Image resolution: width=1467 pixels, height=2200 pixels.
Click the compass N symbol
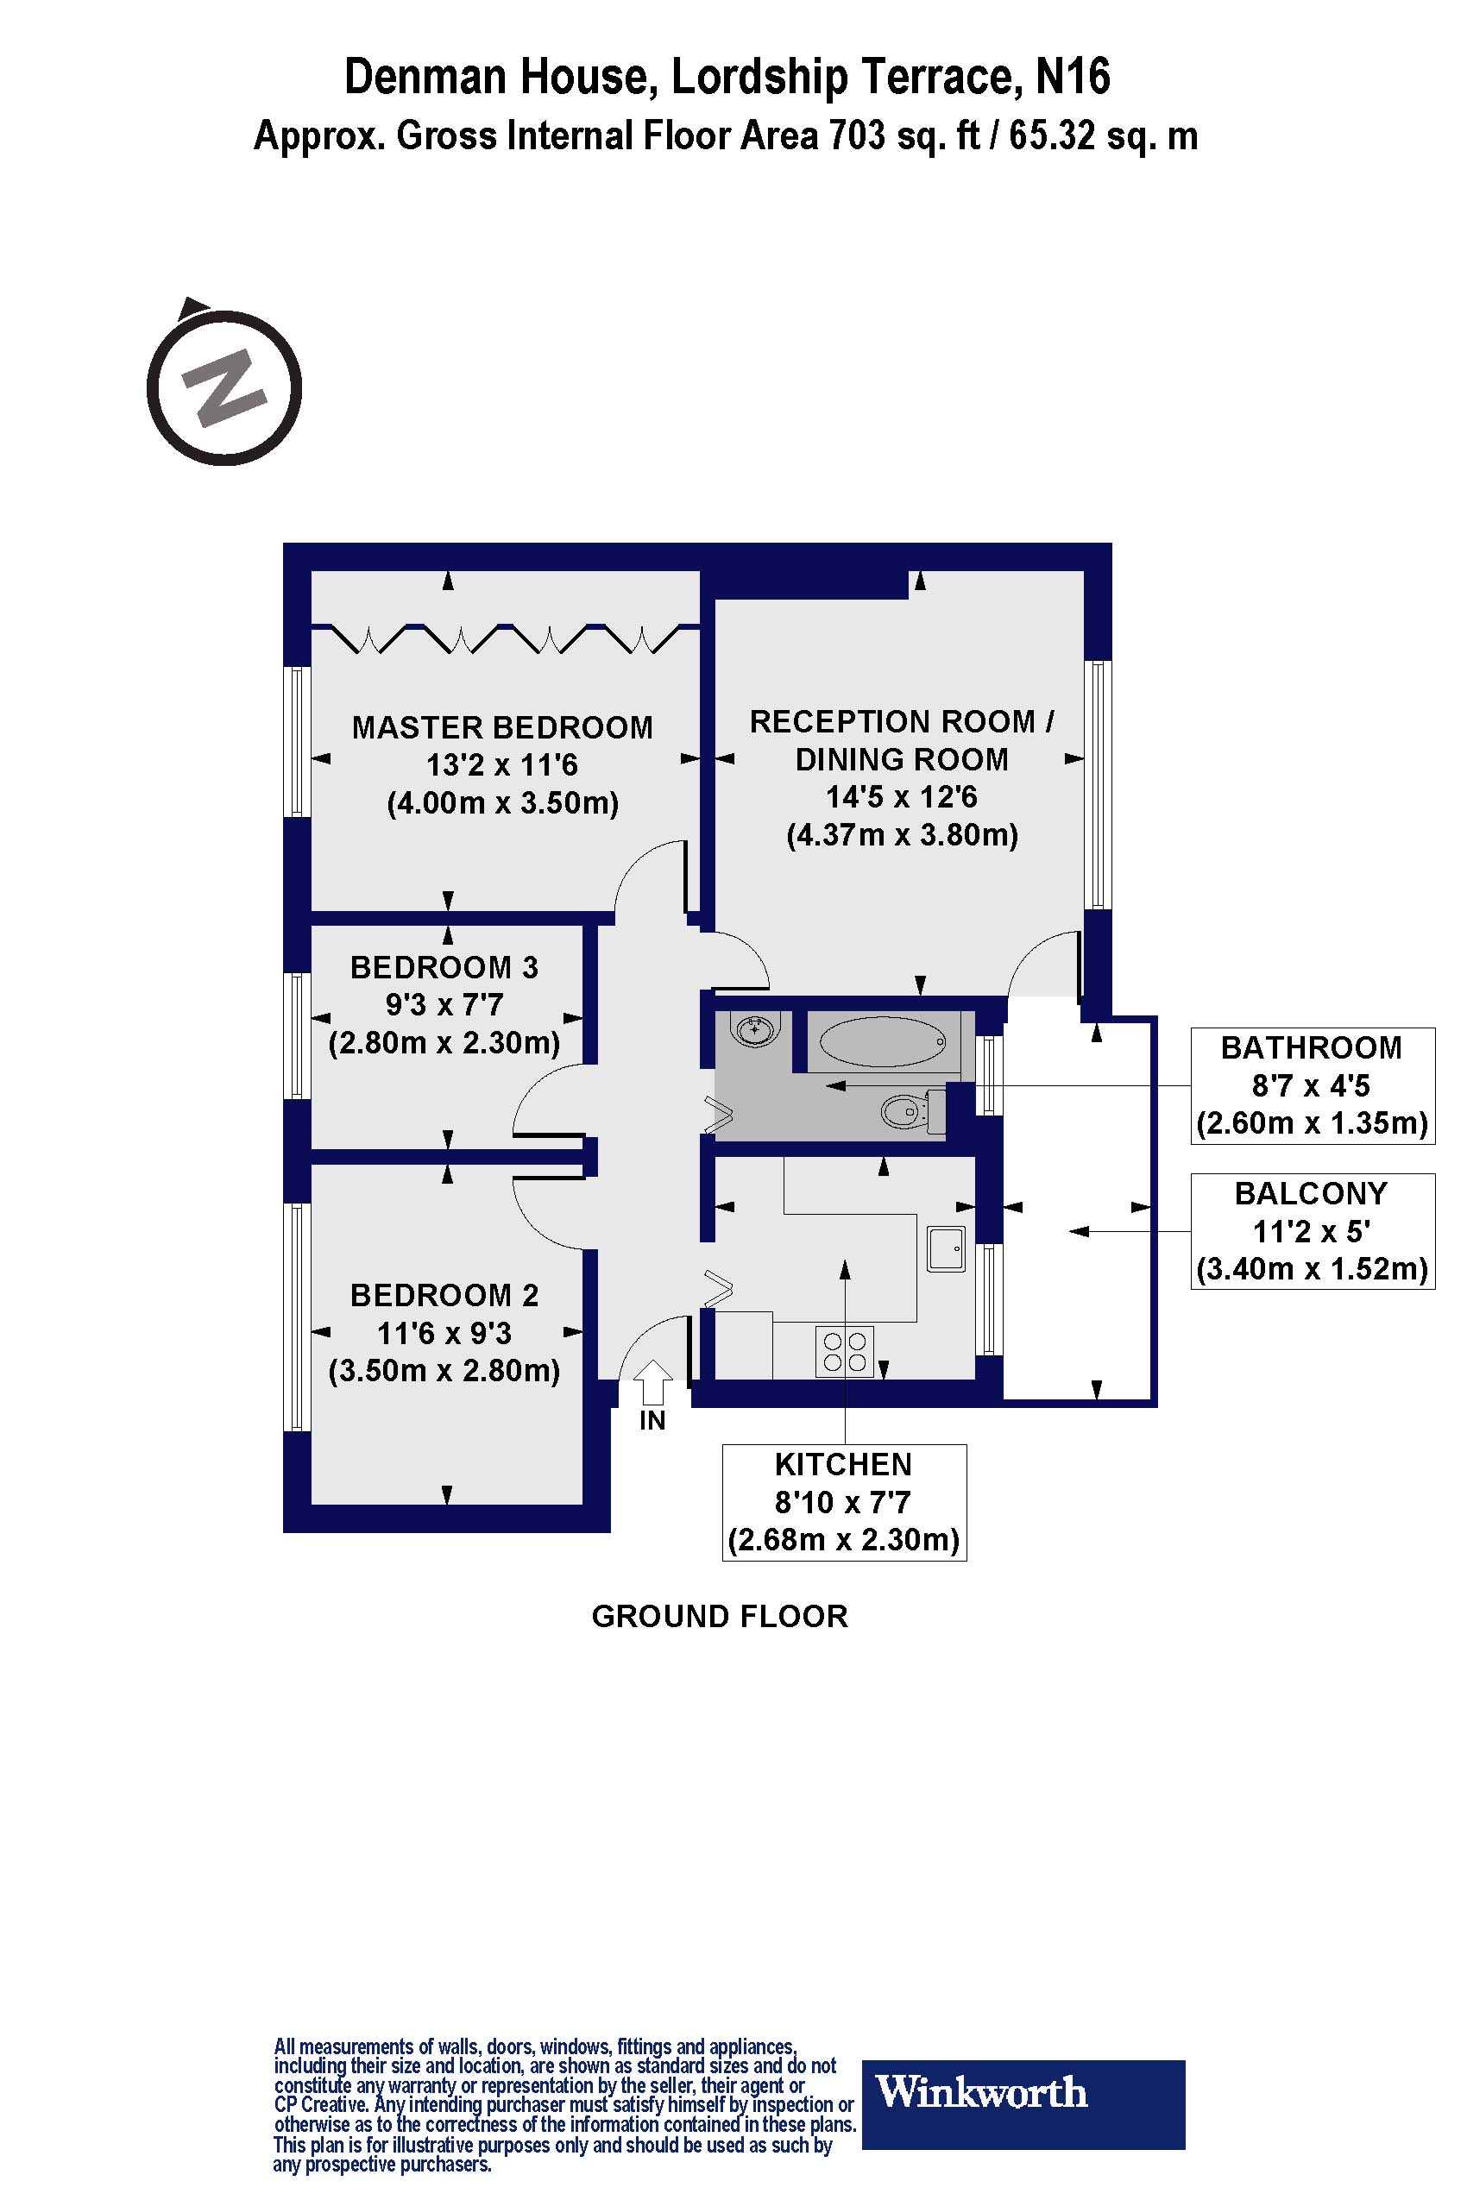point(224,387)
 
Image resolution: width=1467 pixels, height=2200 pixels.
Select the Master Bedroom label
point(502,727)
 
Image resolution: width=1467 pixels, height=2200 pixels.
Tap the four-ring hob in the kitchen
point(845,1352)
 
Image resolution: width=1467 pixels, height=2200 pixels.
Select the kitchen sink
point(946,1248)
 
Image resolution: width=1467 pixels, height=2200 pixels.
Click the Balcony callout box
point(1312,1231)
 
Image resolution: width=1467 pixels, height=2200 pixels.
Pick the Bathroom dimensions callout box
point(1312,1085)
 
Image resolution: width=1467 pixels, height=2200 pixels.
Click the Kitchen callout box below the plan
point(843,1502)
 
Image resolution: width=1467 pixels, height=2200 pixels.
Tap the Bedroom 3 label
point(444,967)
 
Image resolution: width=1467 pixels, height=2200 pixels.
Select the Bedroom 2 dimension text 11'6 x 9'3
point(444,1333)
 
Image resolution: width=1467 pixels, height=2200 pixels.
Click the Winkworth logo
point(1023,2091)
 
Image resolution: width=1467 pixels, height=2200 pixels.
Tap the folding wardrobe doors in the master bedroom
point(505,638)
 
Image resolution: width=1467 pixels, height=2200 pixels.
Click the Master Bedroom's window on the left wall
point(298,741)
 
